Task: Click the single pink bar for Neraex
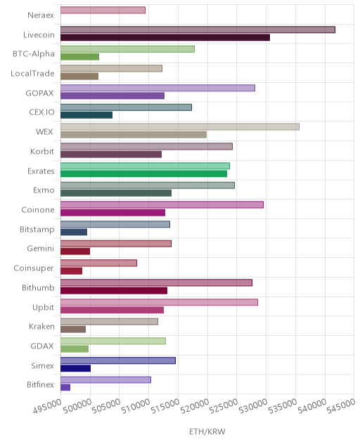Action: click(x=103, y=11)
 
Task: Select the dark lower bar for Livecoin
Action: click(x=165, y=37)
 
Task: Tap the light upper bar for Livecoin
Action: click(x=198, y=30)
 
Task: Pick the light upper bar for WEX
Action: click(x=180, y=127)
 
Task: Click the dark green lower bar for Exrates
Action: click(x=143, y=174)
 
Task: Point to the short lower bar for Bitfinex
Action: click(x=65, y=387)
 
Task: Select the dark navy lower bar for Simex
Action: click(x=76, y=368)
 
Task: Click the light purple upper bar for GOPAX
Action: click(x=158, y=88)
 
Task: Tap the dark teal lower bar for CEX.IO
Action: click(x=86, y=115)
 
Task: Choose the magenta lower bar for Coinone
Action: click(x=112, y=213)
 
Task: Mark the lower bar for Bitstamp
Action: click(x=74, y=232)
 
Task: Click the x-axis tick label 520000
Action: click(x=195, y=406)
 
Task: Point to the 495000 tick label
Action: click(x=47, y=406)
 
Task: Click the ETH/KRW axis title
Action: click(x=207, y=431)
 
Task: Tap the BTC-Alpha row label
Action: click(x=34, y=54)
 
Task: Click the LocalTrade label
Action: click(x=32, y=73)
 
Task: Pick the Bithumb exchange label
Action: click(x=38, y=287)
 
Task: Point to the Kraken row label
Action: click(x=41, y=326)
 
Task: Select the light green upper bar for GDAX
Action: click(x=113, y=341)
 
